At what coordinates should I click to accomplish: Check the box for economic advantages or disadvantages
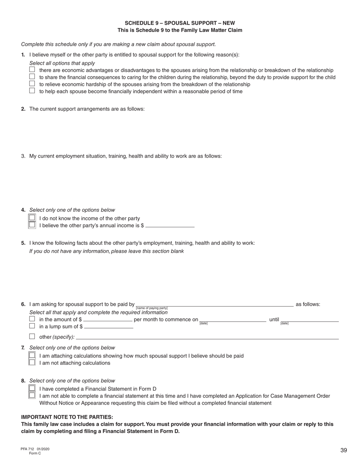click(x=32, y=70)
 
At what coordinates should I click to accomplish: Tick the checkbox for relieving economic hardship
click(x=32, y=84)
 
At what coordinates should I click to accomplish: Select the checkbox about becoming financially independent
click(x=32, y=91)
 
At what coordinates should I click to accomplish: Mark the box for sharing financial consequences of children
click(x=32, y=77)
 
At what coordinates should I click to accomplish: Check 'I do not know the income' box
click(x=32, y=218)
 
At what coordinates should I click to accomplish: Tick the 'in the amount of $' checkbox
click(x=32, y=319)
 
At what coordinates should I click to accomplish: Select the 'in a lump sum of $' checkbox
click(x=32, y=326)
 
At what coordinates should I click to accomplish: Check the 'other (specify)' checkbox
click(x=32, y=336)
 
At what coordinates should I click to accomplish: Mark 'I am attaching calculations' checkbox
click(x=32, y=355)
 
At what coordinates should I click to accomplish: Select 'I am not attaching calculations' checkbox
click(x=32, y=363)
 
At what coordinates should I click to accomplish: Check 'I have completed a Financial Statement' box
click(x=32, y=388)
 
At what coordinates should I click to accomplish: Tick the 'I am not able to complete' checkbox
click(x=32, y=396)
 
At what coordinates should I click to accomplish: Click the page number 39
click(x=343, y=450)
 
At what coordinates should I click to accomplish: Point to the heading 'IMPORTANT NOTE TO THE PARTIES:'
click(x=67, y=417)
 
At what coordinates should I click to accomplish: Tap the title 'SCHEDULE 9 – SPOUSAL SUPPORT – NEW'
click(x=180, y=23)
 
